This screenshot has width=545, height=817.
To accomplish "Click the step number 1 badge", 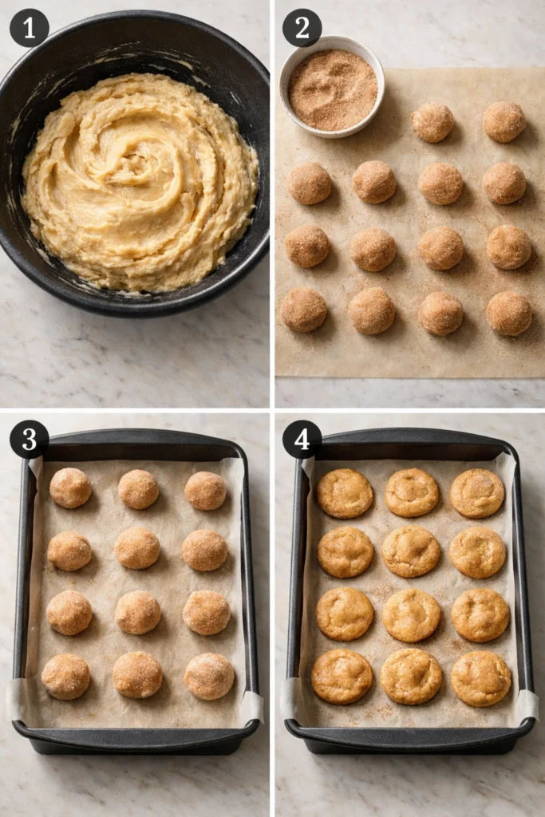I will pos(29,28).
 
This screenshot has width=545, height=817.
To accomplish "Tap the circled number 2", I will pos(302,28).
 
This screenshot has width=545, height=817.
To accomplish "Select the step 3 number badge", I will pos(29,439).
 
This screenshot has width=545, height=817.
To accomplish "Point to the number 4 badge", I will pos(302,439).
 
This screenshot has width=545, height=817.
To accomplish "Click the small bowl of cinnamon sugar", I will pos(332,86).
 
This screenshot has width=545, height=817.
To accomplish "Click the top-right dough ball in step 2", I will pos(504,121).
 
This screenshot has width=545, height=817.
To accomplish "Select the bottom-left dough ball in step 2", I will pos(304,310).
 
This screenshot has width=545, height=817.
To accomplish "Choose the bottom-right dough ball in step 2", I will pos(509,313).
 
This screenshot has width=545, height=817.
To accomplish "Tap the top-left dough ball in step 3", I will pos(70,487).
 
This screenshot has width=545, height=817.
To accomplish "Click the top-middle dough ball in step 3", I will pos(138,489).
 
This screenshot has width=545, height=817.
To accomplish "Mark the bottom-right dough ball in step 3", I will pos(209,676).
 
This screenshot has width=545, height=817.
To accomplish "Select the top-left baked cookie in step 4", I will pos(345,493).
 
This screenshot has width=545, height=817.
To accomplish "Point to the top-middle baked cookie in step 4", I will pos(412,492).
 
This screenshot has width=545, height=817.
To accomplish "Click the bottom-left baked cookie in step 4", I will pos(342,676).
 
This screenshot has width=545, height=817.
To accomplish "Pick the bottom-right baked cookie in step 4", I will pos(481,678).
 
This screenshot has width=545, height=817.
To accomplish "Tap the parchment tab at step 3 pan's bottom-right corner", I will pos(251,706).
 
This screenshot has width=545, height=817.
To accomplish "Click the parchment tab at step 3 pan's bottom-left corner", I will pos(16,700).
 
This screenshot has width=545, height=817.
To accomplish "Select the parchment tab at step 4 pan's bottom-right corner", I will pos(526,705).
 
